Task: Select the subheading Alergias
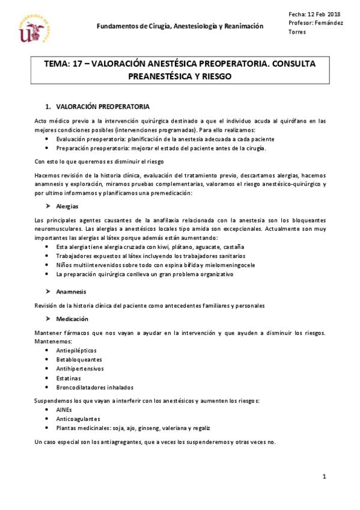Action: (x=67, y=206)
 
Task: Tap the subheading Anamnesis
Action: (x=71, y=291)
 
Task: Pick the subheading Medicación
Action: (x=72, y=319)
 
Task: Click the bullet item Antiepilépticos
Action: (x=76, y=350)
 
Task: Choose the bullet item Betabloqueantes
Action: (x=78, y=360)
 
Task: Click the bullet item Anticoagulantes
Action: (x=78, y=419)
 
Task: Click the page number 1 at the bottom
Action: (x=323, y=477)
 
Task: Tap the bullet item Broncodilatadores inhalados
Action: (x=94, y=388)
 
